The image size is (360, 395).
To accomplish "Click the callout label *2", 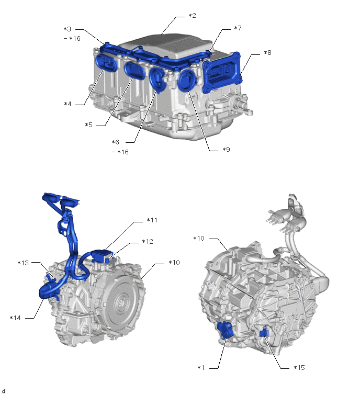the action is pyautogui.click(x=192, y=16).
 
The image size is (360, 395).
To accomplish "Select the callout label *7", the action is pyautogui.click(x=238, y=28).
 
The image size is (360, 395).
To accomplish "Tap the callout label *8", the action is pyautogui.click(x=267, y=53).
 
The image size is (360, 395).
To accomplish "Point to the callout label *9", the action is pyautogui.click(x=226, y=150).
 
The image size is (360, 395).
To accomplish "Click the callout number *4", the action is pyautogui.click(x=68, y=104).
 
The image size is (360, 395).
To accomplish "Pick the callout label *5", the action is pyautogui.click(x=88, y=125).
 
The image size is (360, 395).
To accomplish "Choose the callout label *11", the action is pyautogui.click(x=152, y=220).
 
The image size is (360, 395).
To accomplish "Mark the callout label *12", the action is pyautogui.click(x=148, y=242).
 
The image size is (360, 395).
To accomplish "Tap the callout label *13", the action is pyautogui.click(x=23, y=263).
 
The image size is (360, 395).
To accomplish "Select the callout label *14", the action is pyautogui.click(x=15, y=318).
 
